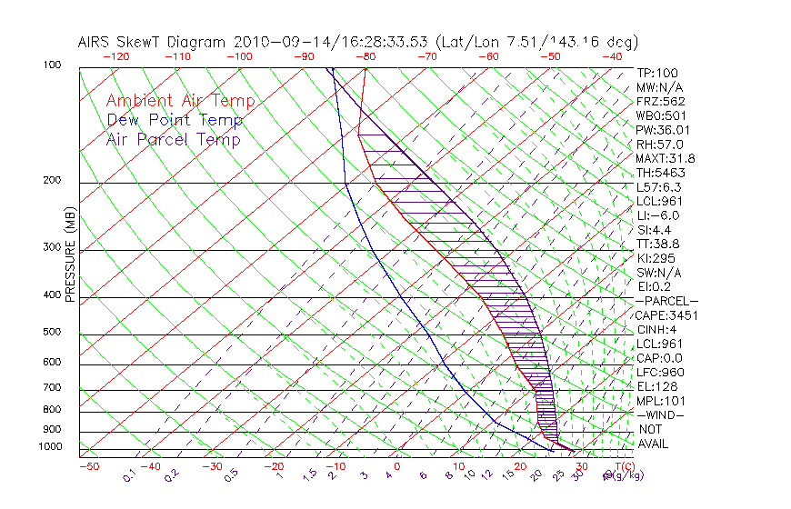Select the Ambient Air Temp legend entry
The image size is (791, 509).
(180, 101)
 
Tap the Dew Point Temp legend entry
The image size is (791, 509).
(175, 120)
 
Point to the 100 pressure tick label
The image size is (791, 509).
(51, 65)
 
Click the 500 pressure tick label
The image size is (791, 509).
(51, 333)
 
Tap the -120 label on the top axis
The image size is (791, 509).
(115, 56)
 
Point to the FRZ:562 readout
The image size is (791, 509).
(661, 101)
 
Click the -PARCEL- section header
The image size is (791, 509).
(666, 301)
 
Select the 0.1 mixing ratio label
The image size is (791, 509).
(129, 475)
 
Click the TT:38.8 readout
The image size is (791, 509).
(659, 244)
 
